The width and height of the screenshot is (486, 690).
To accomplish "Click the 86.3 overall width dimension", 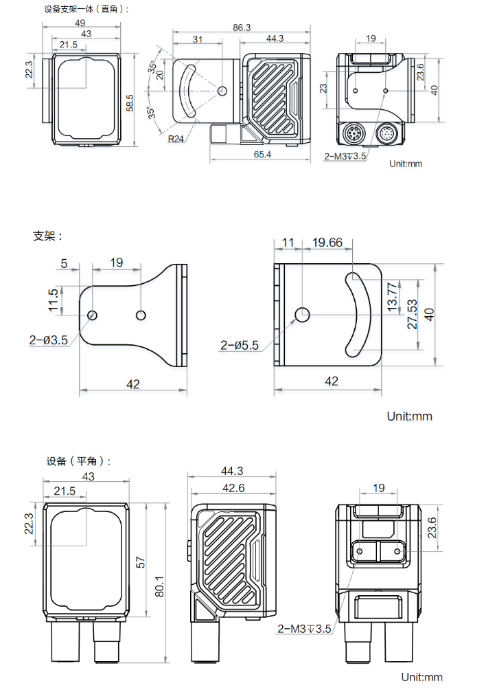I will [242, 27].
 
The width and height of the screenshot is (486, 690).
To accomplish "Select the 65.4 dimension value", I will [262, 155].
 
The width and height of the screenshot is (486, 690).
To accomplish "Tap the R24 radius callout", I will [176, 138].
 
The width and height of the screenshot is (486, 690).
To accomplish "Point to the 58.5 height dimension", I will [130, 102].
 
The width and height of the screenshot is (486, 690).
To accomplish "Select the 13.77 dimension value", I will [392, 295].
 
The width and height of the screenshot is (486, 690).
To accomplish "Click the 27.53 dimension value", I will [413, 314].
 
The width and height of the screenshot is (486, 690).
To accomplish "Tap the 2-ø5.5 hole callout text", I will [240, 346].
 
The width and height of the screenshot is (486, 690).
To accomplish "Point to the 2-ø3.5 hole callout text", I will [48, 340].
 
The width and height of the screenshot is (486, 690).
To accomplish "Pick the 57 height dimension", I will [140, 561].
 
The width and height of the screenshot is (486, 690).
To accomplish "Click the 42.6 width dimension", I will [233, 488].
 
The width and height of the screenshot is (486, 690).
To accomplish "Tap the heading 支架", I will [47, 236].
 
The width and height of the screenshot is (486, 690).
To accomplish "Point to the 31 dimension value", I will [198, 39].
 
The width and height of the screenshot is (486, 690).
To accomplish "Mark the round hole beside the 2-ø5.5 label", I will [302, 315].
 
